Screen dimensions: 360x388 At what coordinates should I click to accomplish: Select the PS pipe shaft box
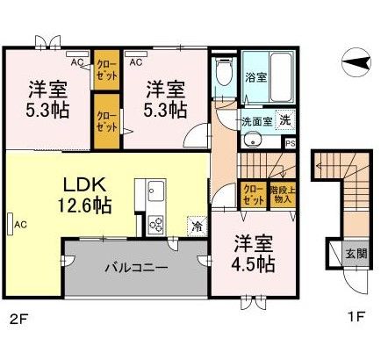coord(290,141)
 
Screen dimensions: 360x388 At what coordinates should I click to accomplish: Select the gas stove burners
coord(158,222)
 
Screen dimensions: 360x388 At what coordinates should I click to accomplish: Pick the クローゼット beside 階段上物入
coord(253,193)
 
